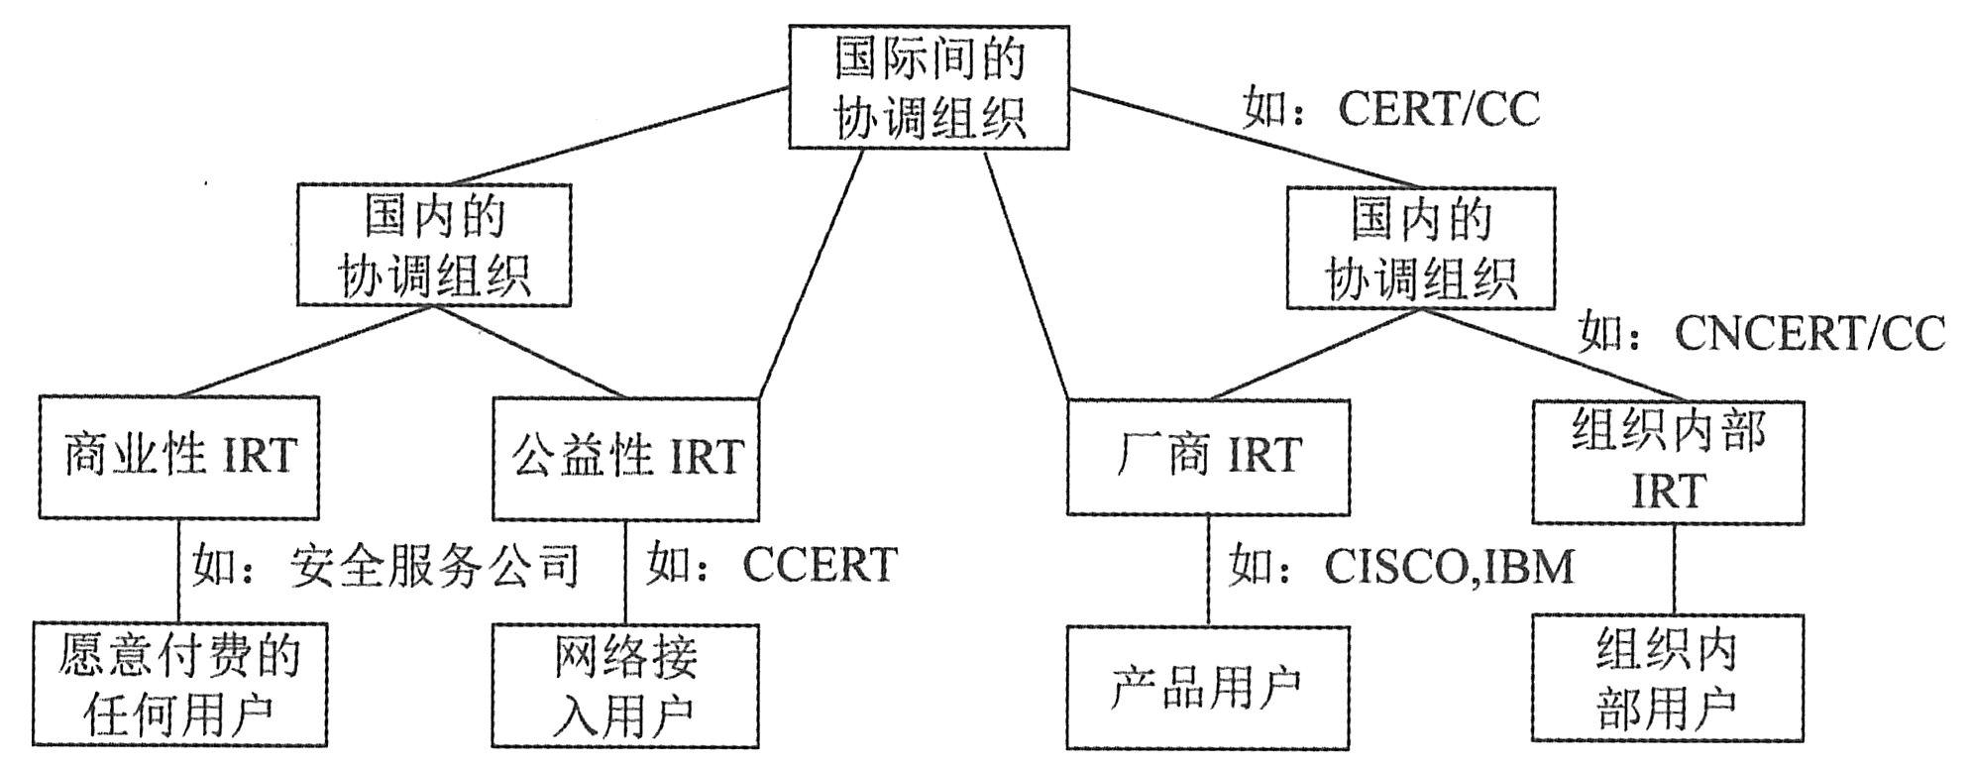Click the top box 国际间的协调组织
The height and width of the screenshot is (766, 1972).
[x=929, y=87]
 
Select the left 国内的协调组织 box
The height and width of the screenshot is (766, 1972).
[x=434, y=244]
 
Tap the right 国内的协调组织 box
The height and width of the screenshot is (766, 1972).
[x=1420, y=248]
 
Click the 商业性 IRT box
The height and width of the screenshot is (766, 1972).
[x=178, y=457]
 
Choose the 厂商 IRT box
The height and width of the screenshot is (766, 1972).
[x=1207, y=457]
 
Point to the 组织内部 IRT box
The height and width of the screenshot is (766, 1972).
[x=1668, y=462]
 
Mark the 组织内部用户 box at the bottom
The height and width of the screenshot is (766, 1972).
[x=1668, y=679]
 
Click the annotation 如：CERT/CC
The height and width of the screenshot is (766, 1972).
[x=1391, y=109]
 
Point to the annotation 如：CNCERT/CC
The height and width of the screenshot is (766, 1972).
[x=1761, y=333]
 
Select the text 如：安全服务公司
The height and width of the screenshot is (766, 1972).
[x=384, y=567]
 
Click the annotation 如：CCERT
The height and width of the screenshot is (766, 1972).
[x=771, y=565]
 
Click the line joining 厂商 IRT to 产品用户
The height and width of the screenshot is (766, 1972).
[x=1208, y=570]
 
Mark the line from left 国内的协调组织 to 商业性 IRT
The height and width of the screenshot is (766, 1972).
[x=307, y=351]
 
